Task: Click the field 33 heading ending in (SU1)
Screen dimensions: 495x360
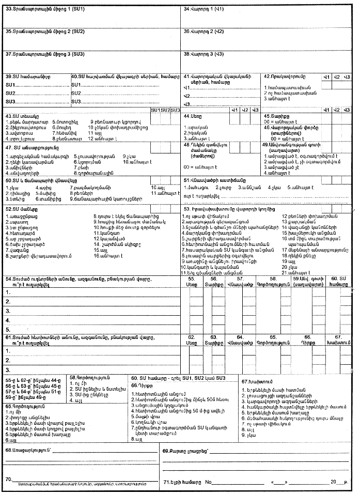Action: [x=45, y=10]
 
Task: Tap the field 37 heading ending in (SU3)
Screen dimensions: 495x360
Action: [x=45, y=54]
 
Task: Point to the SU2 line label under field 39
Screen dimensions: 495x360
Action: [x=11, y=93]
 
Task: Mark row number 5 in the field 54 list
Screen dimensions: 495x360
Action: [x=8, y=329]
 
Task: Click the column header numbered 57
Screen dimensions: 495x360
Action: [x=240, y=282]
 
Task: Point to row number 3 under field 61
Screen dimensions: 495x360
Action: [x=8, y=370]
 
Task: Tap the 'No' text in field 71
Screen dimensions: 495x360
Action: [x=209, y=482]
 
